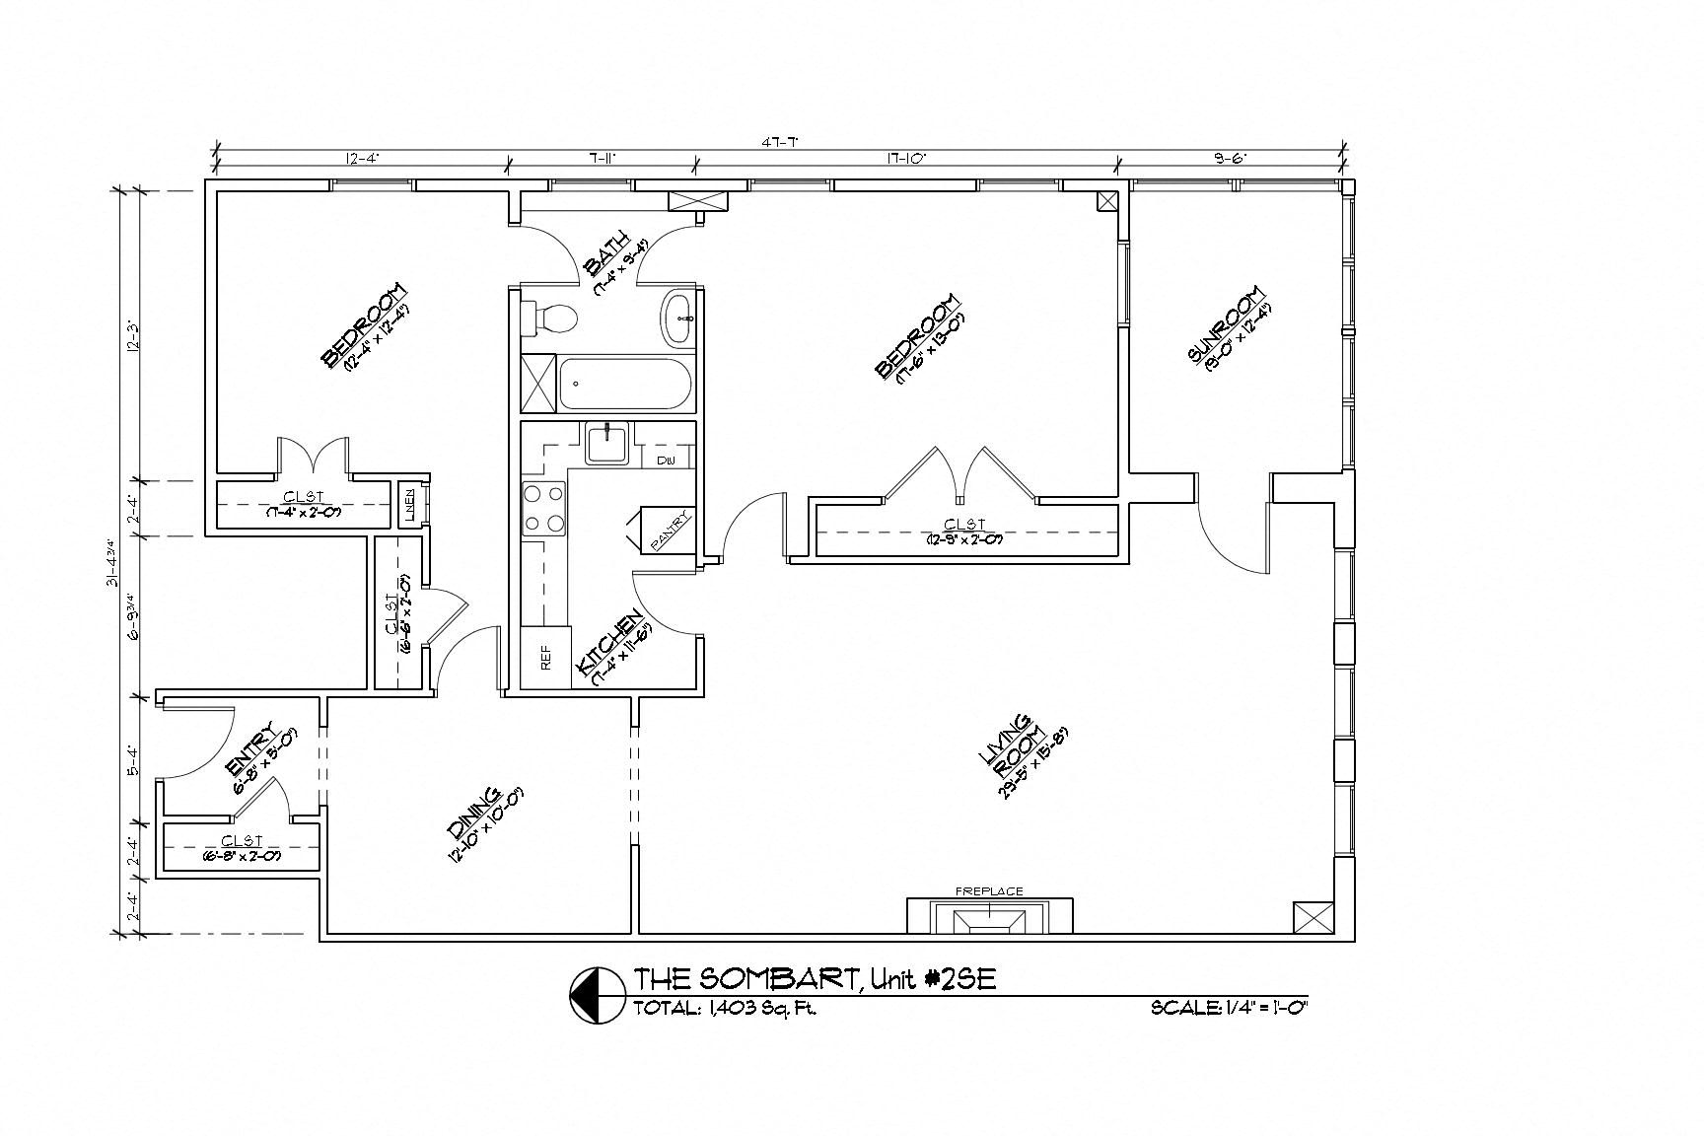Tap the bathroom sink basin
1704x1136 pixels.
[x=678, y=318]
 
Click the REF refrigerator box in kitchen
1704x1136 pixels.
[x=545, y=658]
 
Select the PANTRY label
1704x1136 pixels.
[x=672, y=531]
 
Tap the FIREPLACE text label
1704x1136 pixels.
[x=989, y=891]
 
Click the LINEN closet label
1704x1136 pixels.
[x=408, y=504]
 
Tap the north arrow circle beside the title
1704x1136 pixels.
[x=592, y=994]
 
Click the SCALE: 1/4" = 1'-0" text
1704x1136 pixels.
[x=1228, y=1008]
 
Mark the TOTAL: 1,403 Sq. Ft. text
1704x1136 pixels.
[x=724, y=1009]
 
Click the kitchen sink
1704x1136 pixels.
[x=607, y=442]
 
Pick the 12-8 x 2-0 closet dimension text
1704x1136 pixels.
[x=963, y=539]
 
